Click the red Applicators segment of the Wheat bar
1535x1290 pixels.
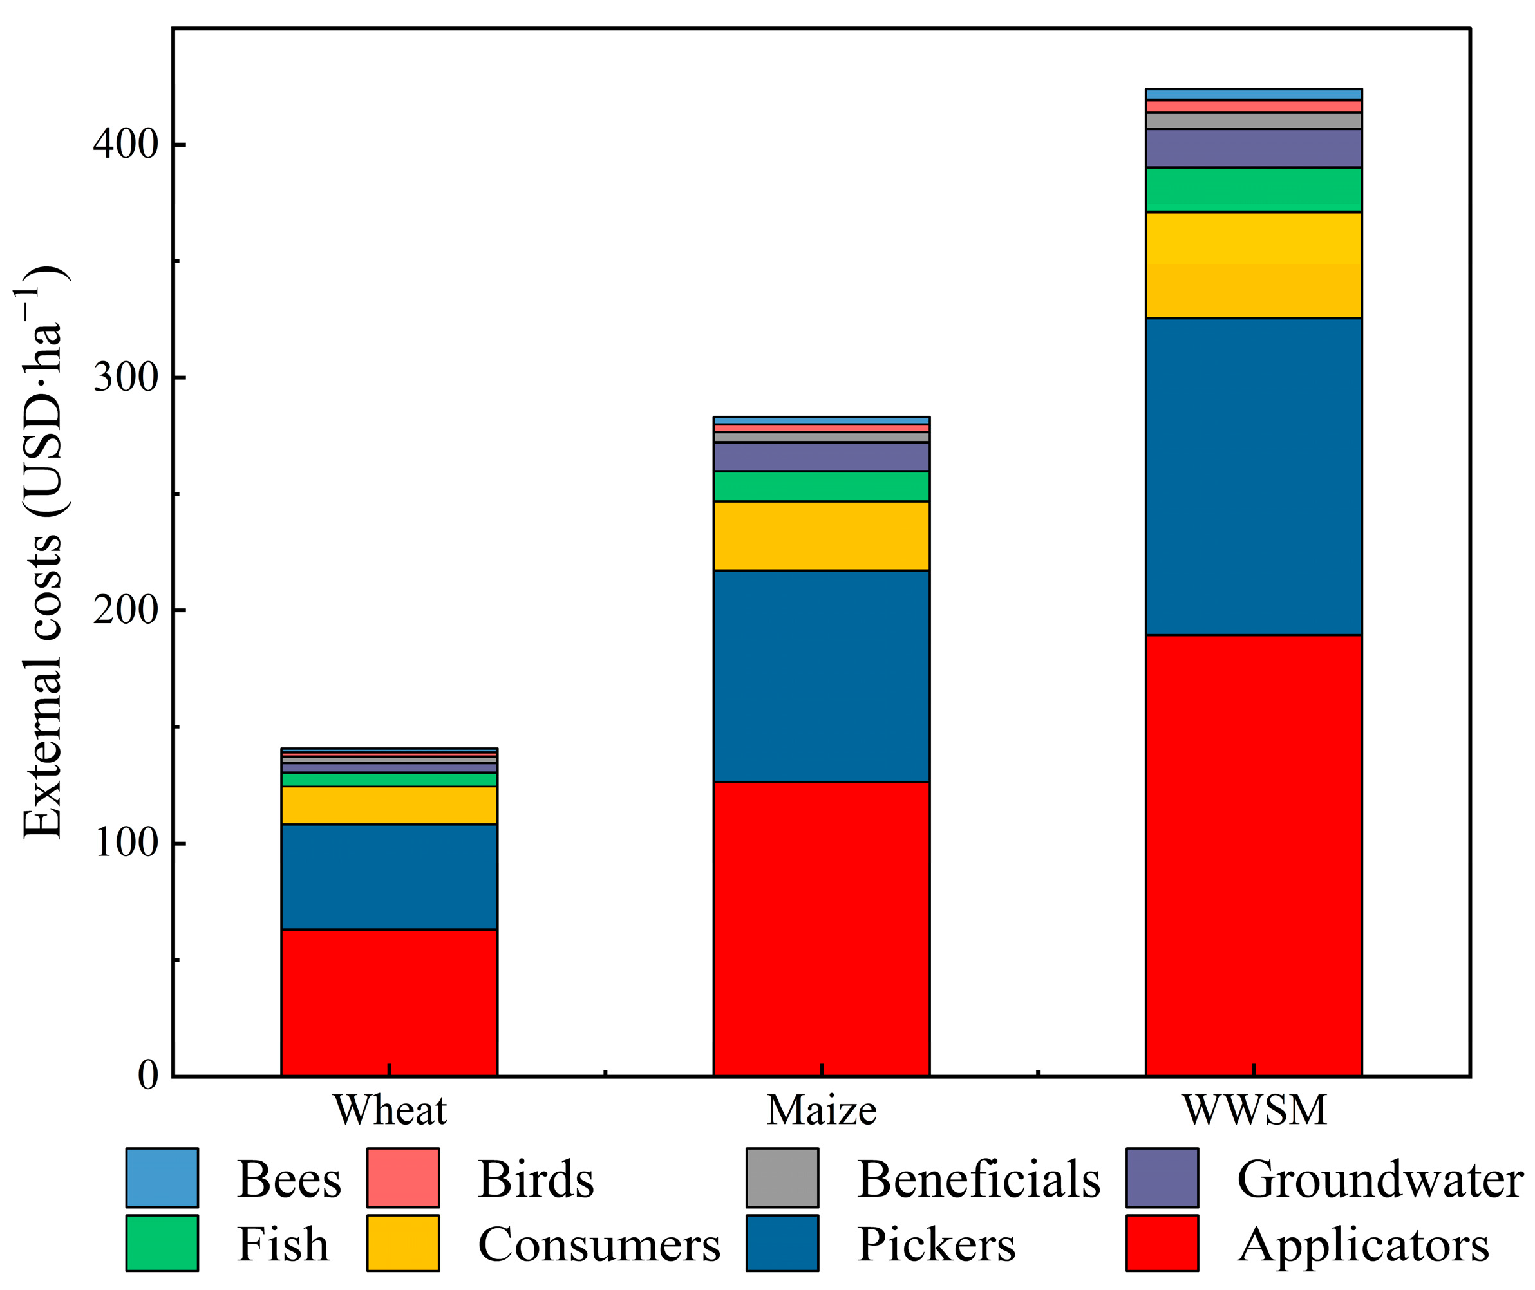[389, 1002]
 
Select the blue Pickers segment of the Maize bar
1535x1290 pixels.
[821, 676]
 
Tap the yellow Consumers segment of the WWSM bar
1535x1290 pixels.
[1254, 265]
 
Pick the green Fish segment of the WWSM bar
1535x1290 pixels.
[1254, 190]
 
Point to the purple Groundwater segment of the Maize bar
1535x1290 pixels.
[821, 456]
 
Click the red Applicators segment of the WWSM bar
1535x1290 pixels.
[1254, 855]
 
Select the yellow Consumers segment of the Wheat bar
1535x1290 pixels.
[389, 805]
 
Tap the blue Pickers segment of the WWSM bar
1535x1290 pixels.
[1254, 476]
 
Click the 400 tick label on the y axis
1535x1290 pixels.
[126, 145]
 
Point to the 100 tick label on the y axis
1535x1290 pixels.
[126, 843]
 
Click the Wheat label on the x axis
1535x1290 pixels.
[389, 1111]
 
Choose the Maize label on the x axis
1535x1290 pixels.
[821, 1111]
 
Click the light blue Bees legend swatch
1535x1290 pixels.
[162, 1177]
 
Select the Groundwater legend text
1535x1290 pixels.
[1379, 1179]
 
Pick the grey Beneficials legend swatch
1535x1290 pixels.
[782, 1177]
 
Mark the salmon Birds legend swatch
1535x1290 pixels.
[403, 1177]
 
